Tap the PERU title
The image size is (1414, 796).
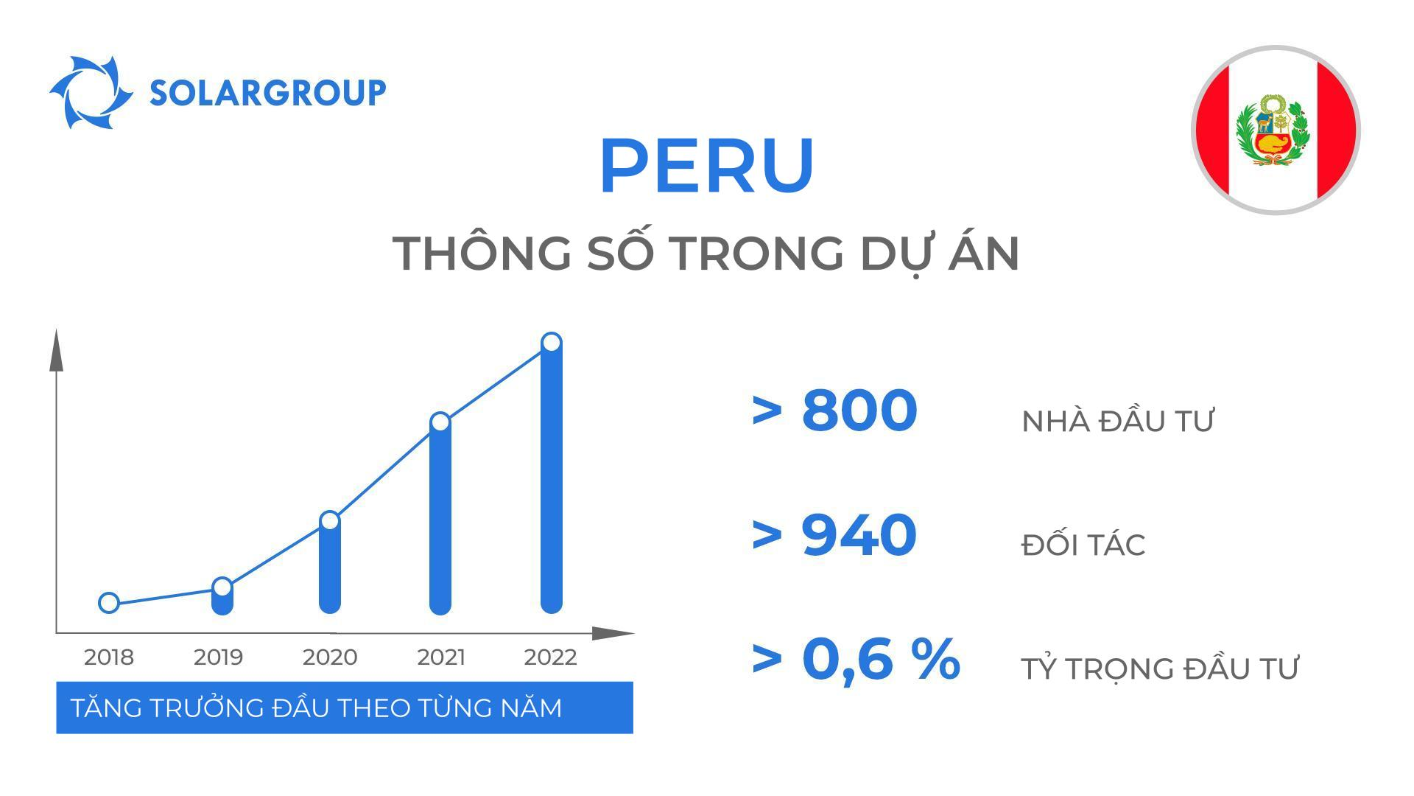tap(706, 165)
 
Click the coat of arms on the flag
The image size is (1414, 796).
tap(1274, 130)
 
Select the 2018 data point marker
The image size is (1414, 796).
tap(108, 603)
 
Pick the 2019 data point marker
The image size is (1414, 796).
tap(222, 587)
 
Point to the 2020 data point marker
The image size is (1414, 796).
tap(330, 521)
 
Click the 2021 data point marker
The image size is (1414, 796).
tap(440, 422)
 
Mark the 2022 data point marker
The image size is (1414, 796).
tap(551, 343)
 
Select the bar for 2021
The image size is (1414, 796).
tap(440, 523)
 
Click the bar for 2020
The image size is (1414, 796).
tap(330, 571)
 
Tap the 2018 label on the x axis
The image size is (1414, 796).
tap(109, 657)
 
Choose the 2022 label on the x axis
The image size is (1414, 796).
tap(550, 657)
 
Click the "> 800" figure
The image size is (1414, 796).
tap(834, 410)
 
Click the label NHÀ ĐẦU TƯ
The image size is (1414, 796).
tap(1117, 422)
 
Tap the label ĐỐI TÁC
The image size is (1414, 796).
tap(1083, 545)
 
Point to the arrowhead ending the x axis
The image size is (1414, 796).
tap(613, 633)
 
